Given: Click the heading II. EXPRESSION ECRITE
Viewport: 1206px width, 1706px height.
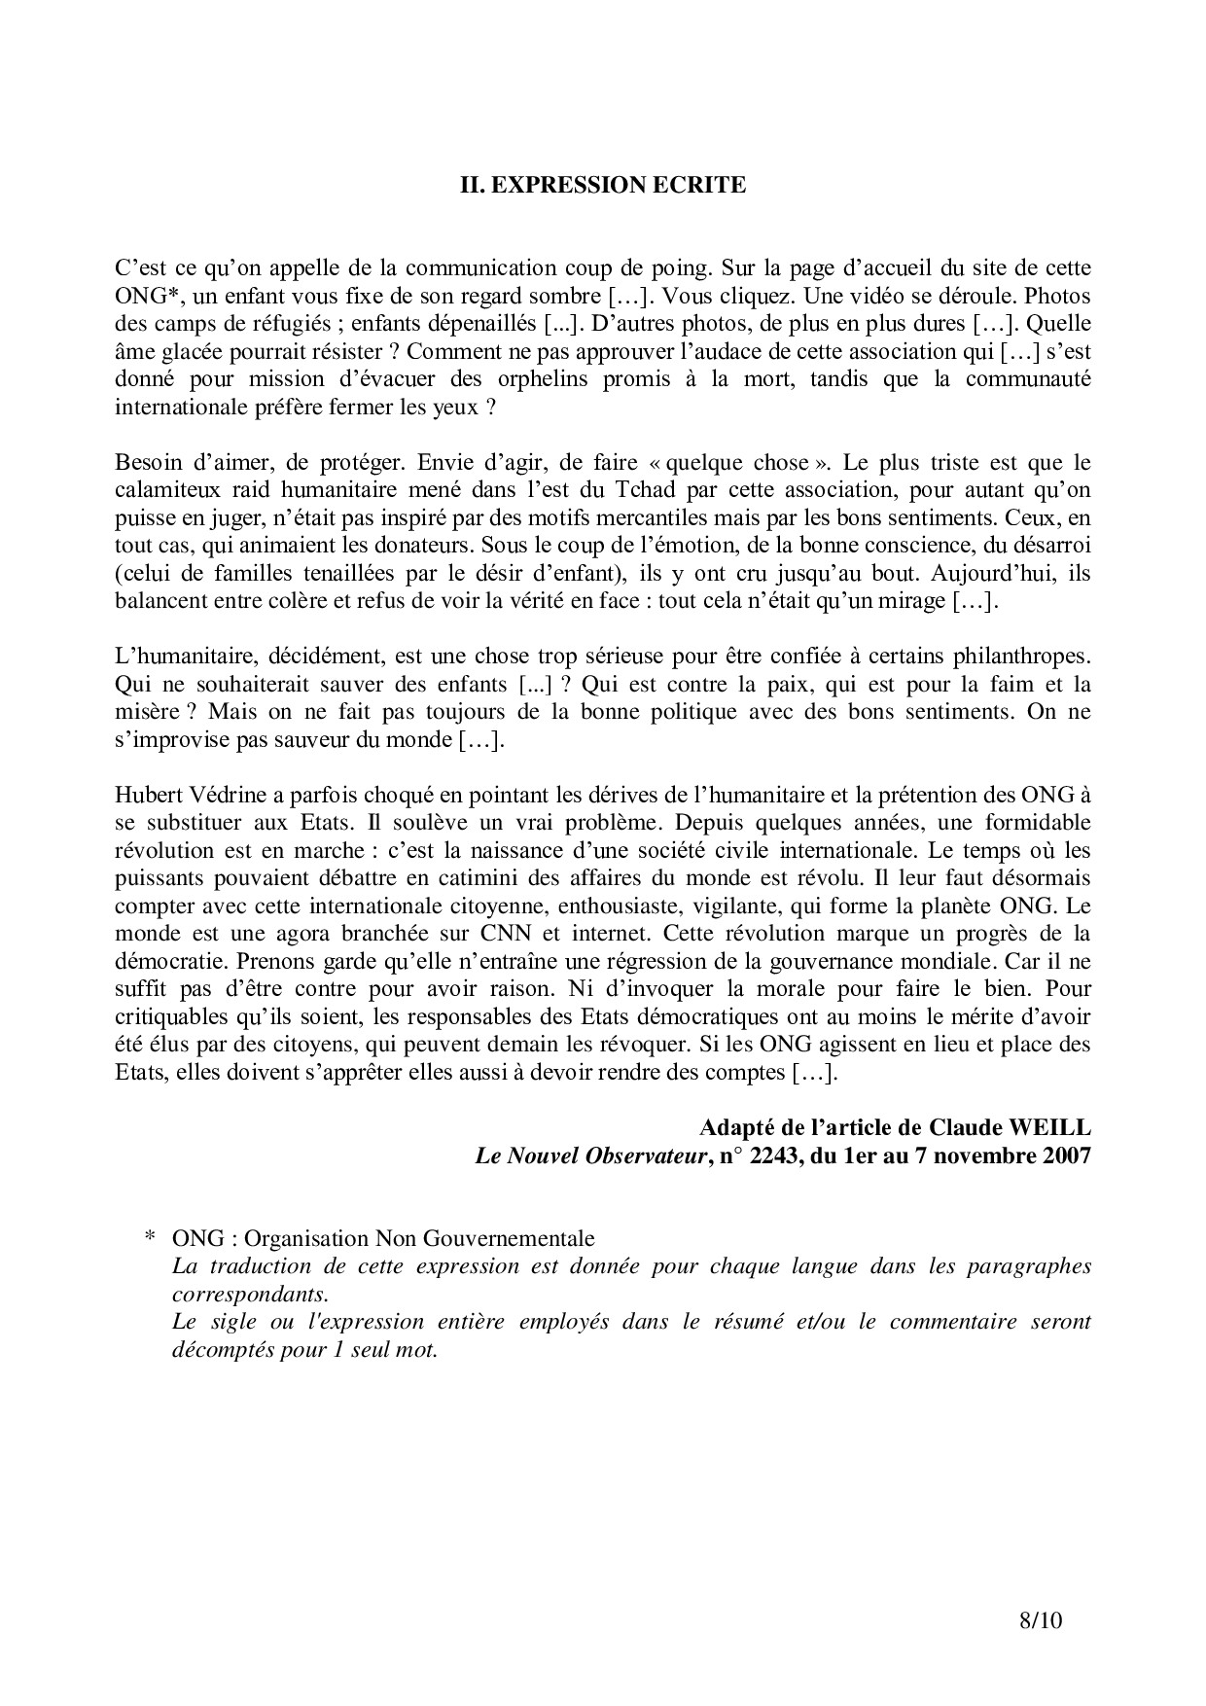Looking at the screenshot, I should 603,185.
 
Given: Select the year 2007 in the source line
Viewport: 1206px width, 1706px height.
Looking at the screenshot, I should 1067,1156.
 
